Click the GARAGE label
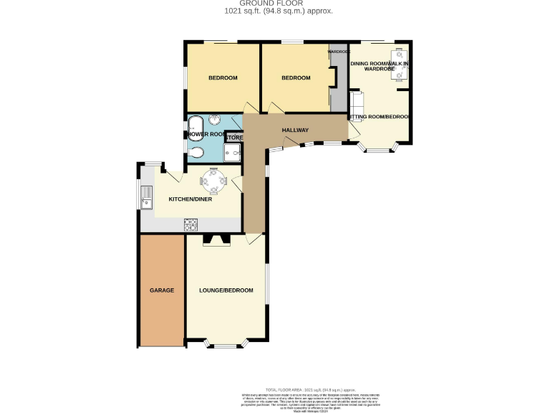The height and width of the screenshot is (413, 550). pyautogui.click(x=162, y=290)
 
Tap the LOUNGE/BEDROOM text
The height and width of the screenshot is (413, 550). pyautogui.click(x=226, y=290)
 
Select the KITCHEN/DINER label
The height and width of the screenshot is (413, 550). pyautogui.click(x=190, y=199)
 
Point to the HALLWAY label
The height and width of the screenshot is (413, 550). pyautogui.click(x=295, y=130)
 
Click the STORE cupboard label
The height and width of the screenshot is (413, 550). pyautogui.click(x=236, y=138)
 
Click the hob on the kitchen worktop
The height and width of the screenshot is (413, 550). pyautogui.click(x=191, y=224)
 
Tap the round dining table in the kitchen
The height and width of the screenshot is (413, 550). pyautogui.click(x=215, y=177)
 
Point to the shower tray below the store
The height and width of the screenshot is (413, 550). pyautogui.click(x=233, y=152)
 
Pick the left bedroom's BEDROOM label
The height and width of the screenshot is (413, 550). pyautogui.click(x=223, y=78)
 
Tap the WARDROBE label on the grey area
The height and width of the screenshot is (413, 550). pyautogui.click(x=339, y=52)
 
